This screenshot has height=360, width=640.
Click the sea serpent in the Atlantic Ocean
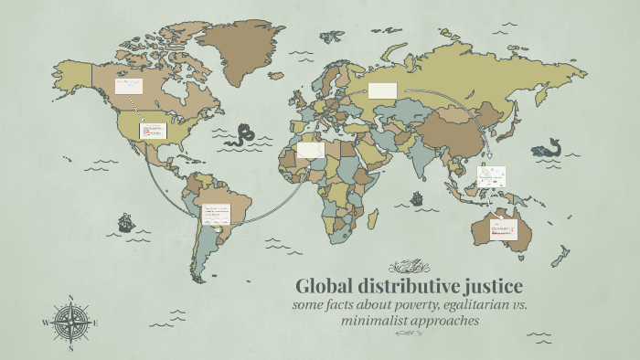click(x=243, y=135)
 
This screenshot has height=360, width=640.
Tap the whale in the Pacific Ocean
click(x=548, y=147)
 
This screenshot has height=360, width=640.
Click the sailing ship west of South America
click(x=125, y=222)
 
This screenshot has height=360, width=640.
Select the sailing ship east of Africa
click(x=417, y=197)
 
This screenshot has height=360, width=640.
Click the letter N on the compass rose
click(x=70, y=298)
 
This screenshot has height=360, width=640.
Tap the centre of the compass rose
click(x=70, y=323)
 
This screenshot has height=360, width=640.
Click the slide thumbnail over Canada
click(x=127, y=87)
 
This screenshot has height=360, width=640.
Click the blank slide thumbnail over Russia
click(x=382, y=90)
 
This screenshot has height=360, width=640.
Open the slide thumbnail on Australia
click(x=504, y=229)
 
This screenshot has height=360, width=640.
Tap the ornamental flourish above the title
click(x=409, y=267)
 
